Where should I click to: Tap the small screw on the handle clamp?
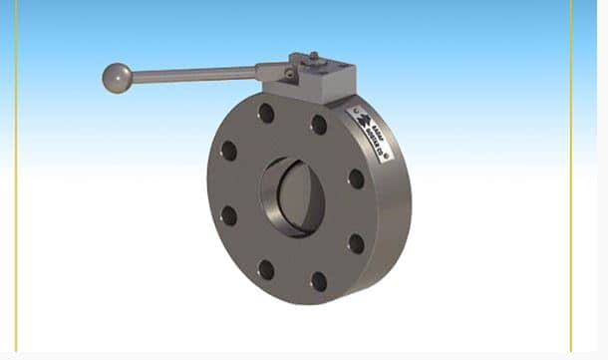[289, 74]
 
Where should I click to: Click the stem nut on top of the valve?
[313, 59]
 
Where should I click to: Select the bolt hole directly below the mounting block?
[266, 114]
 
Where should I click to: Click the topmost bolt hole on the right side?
[319, 125]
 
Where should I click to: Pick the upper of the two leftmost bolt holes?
[229, 151]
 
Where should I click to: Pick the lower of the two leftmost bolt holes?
[229, 215]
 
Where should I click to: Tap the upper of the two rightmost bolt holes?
[356, 179]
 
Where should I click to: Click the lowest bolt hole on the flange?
[319, 282]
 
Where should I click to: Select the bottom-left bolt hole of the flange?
[266, 269]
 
